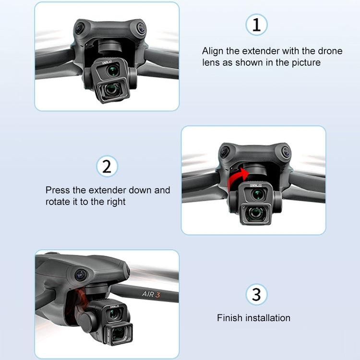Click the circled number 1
(256, 25)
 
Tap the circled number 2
(107, 167)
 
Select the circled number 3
(256, 294)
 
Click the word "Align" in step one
(213, 51)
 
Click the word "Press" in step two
(57, 190)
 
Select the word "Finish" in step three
(230, 318)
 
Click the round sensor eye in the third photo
(80, 276)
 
